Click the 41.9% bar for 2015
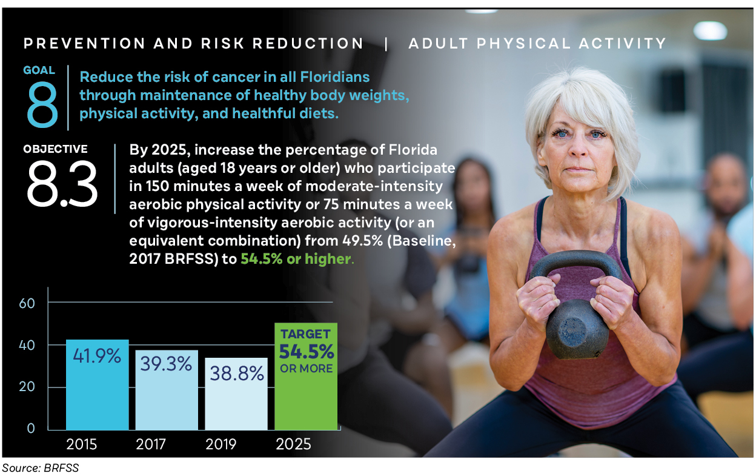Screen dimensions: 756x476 pyautogui.click(x=97, y=385)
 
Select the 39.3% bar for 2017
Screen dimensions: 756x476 pyautogui.click(x=167, y=390)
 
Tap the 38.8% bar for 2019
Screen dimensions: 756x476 pyautogui.click(x=236, y=394)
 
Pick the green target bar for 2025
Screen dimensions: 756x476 pyautogui.click(x=306, y=377)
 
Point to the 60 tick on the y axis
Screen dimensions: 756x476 pyautogui.click(x=27, y=303)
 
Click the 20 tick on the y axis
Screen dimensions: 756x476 pyautogui.click(x=27, y=386)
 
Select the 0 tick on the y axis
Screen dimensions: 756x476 pyautogui.click(x=31, y=428)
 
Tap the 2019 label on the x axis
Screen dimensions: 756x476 pyautogui.click(x=220, y=444)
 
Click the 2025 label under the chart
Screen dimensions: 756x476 pyautogui.click(x=293, y=444)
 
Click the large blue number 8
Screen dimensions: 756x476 pyautogui.click(x=42, y=104)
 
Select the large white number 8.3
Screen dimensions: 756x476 pyautogui.click(x=62, y=184)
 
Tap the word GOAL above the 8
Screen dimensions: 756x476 pyautogui.click(x=39, y=70)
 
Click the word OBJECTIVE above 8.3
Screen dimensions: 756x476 pyautogui.click(x=55, y=149)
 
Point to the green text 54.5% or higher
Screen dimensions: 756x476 pyautogui.click(x=296, y=259)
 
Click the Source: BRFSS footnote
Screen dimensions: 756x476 pyautogui.click(x=41, y=468)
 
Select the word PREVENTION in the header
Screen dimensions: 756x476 pyautogui.click(x=84, y=44)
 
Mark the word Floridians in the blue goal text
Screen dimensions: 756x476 pyautogui.click(x=335, y=77)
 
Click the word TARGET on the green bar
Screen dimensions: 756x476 pyautogui.click(x=305, y=334)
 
